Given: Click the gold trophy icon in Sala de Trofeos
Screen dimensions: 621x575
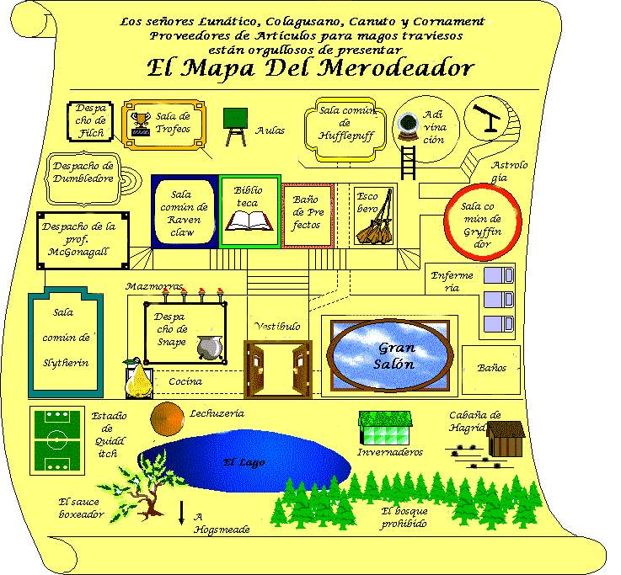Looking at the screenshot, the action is tap(141, 125).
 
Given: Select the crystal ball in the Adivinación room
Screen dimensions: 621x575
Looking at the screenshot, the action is tap(408, 126).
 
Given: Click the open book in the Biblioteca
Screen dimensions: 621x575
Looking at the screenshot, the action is tap(249, 221).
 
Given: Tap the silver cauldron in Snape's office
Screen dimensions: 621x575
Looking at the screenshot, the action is tap(210, 348).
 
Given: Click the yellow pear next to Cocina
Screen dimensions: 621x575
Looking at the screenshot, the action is tap(138, 378).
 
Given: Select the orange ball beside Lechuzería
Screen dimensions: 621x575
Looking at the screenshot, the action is tap(167, 418).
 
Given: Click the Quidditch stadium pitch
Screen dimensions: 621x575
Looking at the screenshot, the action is tap(57, 440).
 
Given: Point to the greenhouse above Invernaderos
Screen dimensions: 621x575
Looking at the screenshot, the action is tap(385, 428).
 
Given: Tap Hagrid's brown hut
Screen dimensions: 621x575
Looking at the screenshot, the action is tap(506, 439).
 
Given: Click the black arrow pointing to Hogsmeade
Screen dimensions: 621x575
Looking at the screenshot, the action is tap(181, 513).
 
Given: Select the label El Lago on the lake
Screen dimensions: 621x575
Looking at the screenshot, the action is tap(244, 462).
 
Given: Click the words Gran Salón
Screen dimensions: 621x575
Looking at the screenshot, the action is tap(395, 356).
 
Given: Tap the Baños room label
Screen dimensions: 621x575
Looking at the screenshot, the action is tap(491, 368).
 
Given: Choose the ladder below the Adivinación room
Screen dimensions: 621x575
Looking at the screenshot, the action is tap(409, 163).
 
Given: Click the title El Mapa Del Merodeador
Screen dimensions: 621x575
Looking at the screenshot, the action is tap(310, 69).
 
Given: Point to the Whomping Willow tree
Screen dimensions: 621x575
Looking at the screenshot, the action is tap(142, 487).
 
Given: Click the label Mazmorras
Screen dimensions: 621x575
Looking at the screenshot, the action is tap(154, 286).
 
